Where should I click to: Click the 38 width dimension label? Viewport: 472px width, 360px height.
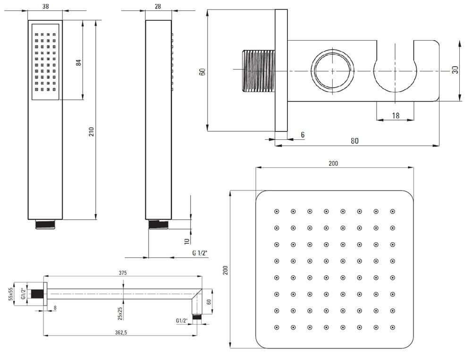[45, 6]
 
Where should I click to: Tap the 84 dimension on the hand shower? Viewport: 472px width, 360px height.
[78, 63]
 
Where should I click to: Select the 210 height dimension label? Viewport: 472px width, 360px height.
[91, 132]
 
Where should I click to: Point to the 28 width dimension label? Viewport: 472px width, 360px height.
[158, 6]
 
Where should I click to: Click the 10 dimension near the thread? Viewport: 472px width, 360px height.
[186, 241]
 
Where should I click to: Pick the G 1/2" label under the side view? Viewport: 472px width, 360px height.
[200, 253]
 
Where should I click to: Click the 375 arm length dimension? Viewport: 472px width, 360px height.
[123, 273]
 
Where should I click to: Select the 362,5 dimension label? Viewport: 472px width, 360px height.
[121, 333]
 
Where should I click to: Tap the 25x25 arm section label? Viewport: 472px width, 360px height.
[120, 313]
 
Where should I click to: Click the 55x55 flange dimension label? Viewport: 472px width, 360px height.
[11, 294]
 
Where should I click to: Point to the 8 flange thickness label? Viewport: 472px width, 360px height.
[55, 308]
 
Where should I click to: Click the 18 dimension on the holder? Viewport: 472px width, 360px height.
[396, 116]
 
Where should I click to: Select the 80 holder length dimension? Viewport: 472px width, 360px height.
[354, 141]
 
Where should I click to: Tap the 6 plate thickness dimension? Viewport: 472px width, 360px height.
[303, 135]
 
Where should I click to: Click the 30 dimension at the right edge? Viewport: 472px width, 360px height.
[455, 70]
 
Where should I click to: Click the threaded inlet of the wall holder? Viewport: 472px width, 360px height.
[259, 71]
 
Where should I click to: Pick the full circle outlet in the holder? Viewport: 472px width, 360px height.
[333, 71]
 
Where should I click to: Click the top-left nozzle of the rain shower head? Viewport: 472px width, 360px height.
[277, 212]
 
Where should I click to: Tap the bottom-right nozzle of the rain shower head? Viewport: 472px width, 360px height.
[393, 327]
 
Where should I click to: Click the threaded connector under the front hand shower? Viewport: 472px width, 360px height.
[45, 225]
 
